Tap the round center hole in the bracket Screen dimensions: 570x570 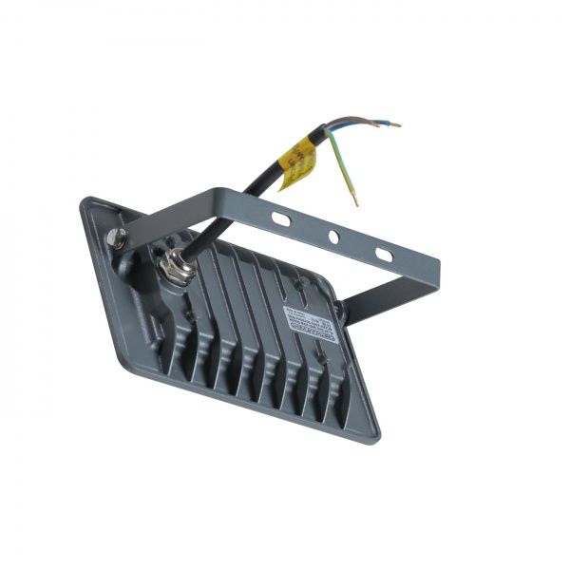(x=333, y=236)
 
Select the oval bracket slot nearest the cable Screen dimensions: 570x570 (x=280, y=218)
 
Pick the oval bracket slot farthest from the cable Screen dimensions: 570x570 (x=384, y=255)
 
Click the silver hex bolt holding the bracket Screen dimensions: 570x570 (x=117, y=238)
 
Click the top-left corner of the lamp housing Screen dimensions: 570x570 (x=85, y=200)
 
